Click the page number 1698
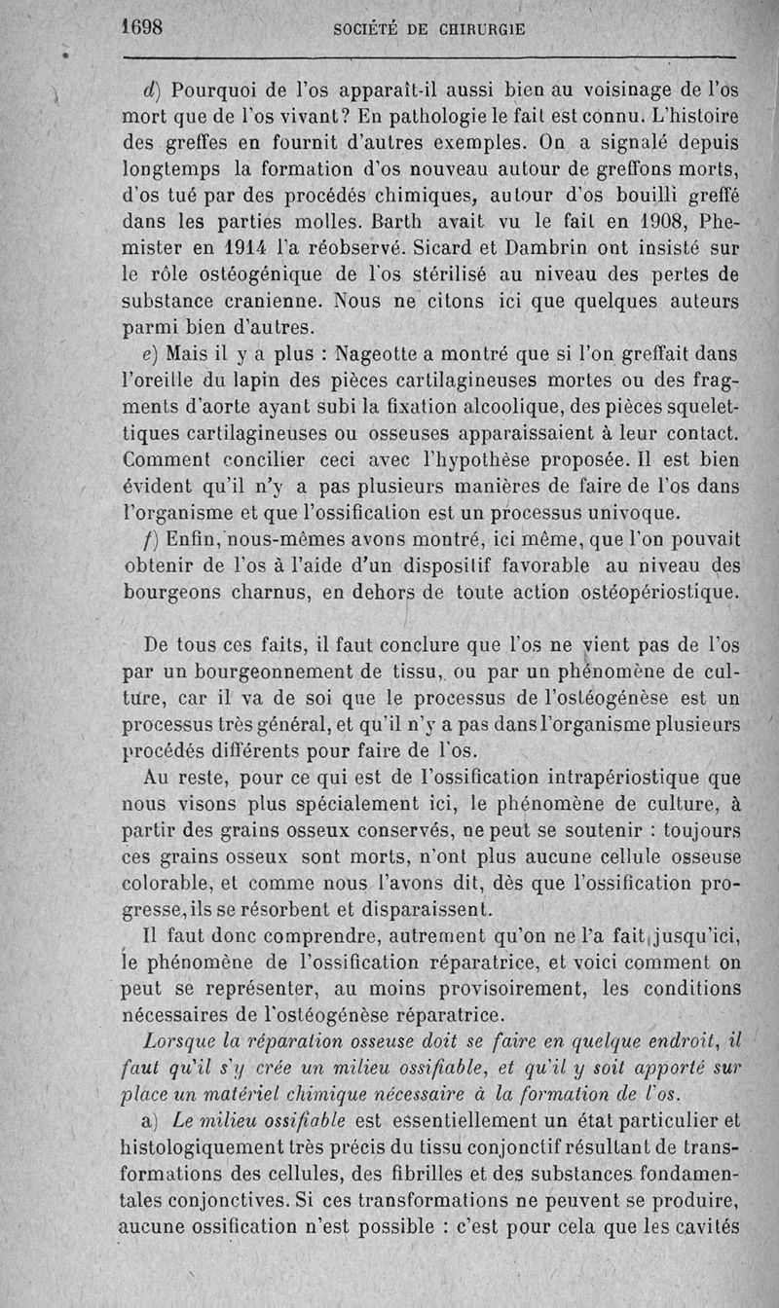point(141,27)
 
